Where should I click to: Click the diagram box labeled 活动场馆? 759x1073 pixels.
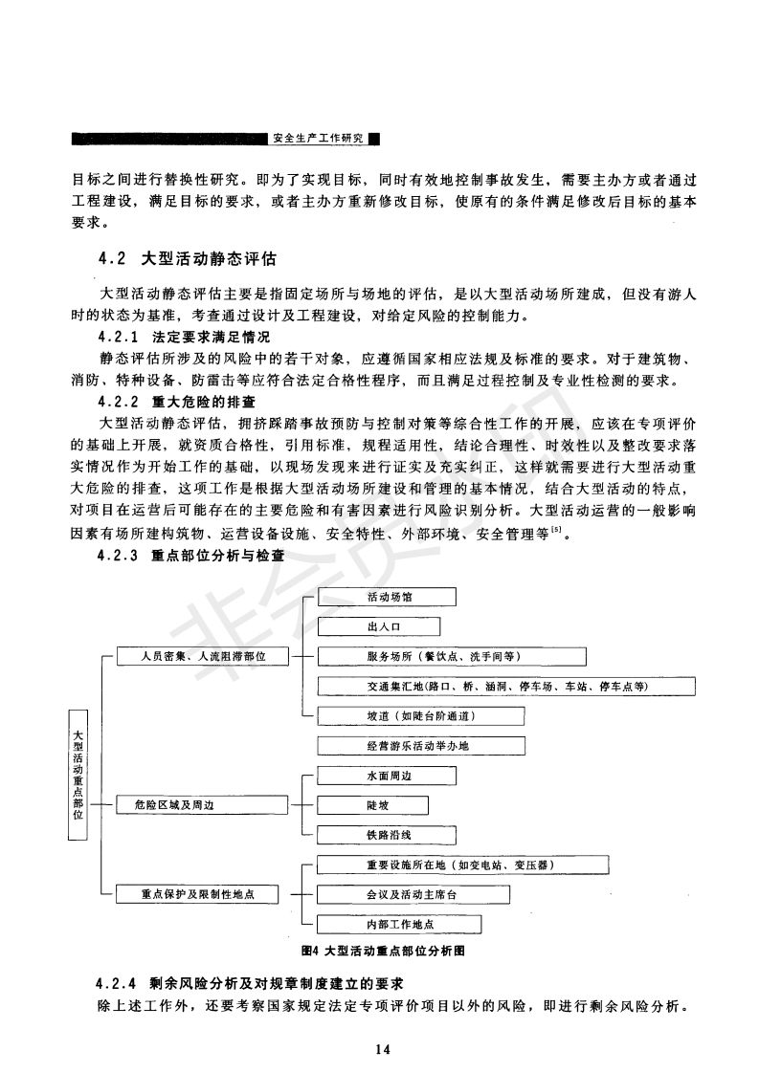pos(386,598)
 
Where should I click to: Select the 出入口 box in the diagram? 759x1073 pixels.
pos(377,627)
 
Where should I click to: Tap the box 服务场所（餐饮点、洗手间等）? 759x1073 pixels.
pos(450,657)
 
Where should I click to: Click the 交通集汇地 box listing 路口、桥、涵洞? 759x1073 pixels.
pos(505,687)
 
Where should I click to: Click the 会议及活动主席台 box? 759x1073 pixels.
pos(412,895)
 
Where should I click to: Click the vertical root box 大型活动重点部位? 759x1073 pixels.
pos(78,776)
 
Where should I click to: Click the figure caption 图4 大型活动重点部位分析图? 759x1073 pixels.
pos(382,952)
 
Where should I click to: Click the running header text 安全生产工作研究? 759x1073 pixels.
pos(318,139)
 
